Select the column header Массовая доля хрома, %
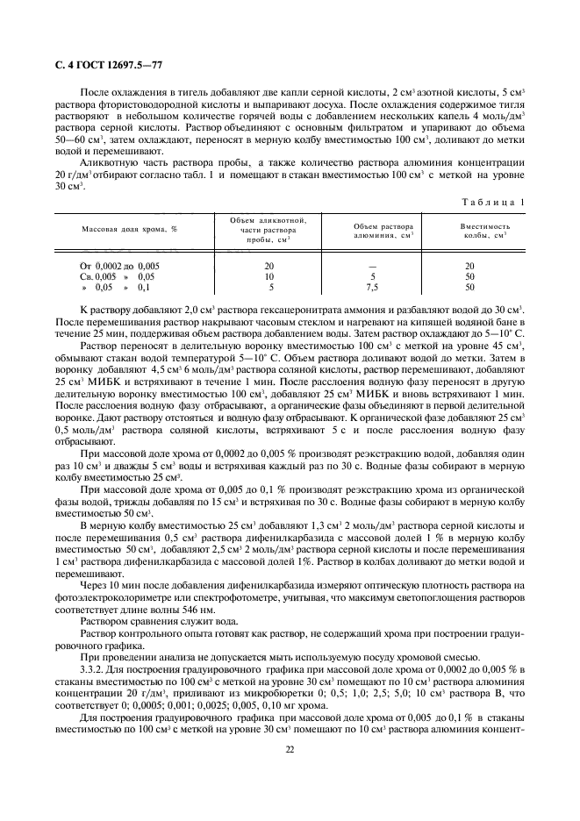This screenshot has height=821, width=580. (130, 227)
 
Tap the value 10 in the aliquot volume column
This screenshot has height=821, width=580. (269, 276)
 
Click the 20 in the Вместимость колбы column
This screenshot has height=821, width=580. (469, 266)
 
